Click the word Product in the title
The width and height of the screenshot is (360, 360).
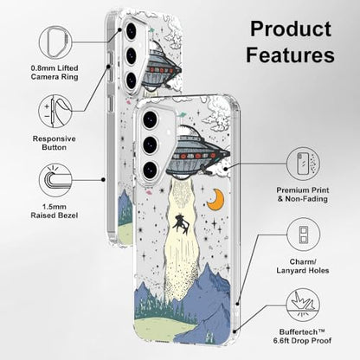click(291, 29)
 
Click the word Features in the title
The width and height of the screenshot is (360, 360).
click(290, 55)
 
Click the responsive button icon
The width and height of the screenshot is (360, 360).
click(55, 112)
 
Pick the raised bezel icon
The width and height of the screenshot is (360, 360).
click(55, 181)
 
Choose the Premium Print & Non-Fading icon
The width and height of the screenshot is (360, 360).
click(304, 164)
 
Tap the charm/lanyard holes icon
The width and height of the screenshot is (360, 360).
click(304, 235)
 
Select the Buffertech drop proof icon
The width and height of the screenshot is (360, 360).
click(303, 305)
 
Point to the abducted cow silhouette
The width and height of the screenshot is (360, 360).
click(181, 223)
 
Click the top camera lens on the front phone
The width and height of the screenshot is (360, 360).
click(150, 119)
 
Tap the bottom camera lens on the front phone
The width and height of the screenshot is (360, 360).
click(150, 170)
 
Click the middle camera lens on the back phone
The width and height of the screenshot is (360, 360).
click(131, 55)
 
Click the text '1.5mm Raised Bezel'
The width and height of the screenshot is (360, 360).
click(55, 211)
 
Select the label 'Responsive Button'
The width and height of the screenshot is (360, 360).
click(55, 143)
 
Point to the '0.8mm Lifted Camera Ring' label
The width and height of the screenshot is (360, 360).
click(55, 73)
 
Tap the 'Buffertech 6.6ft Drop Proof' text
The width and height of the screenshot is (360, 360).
click(303, 337)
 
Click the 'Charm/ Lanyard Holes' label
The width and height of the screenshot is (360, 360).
click(303, 267)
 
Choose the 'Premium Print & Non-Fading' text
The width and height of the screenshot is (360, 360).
click(303, 195)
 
